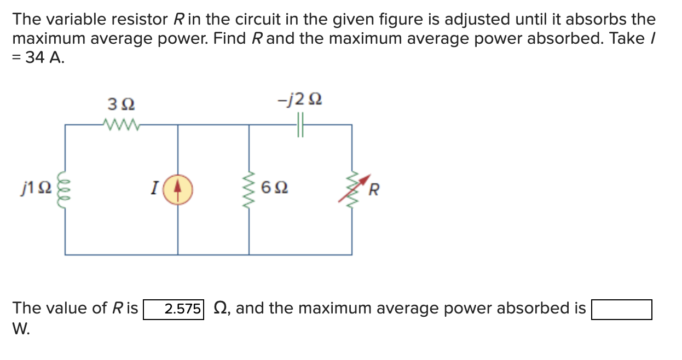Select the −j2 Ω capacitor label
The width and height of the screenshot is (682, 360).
(299, 100)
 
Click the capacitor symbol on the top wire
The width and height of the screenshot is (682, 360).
(300, 125)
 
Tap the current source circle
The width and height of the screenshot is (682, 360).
(177, 189)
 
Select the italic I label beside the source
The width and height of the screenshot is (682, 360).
(155, 189)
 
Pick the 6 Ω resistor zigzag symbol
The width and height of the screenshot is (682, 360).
(250, 189)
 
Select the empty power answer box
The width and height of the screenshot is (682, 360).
(621, 309)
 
